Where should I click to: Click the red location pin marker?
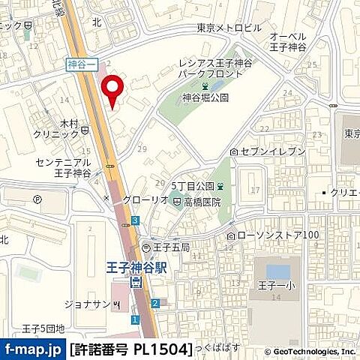click(x=112, y=91)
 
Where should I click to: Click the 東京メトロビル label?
click(x=229, y=28)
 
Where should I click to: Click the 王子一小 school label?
click(x=277, y=284)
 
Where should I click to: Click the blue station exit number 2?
click(x=154, y=303)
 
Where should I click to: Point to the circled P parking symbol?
click(x=38, y=199)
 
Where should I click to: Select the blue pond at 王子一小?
click(x=277, y=270)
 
